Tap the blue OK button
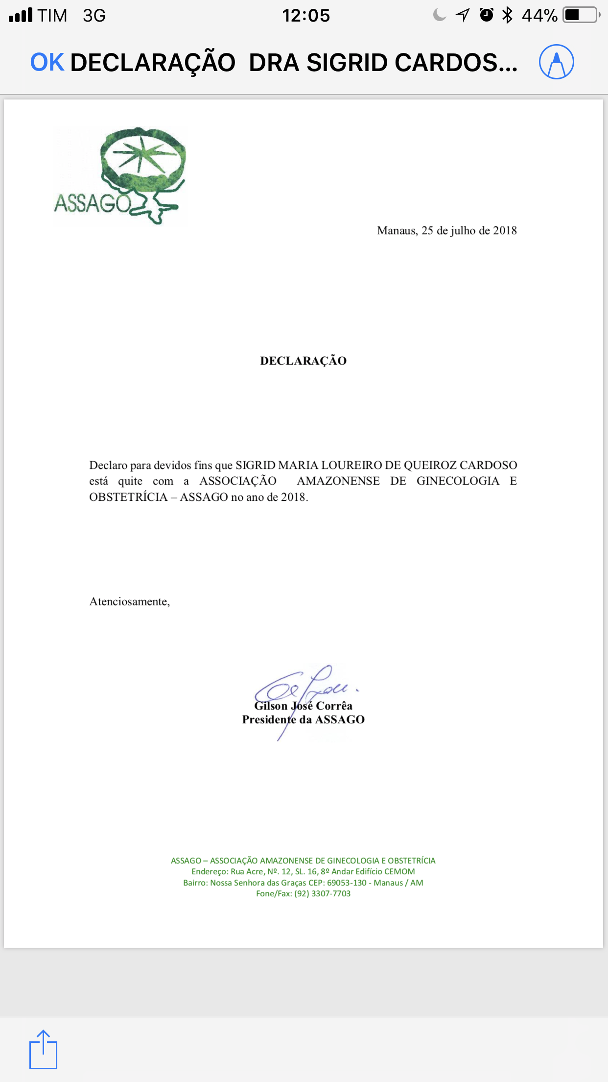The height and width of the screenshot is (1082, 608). pos(47,63)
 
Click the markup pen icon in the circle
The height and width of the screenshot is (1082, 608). pos(556,62)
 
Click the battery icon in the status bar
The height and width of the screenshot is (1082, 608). pos(581,16)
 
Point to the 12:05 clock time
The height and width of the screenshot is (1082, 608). pos(306,16)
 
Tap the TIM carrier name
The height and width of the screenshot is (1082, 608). pos(52,16)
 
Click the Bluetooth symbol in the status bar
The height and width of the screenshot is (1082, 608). pos(508,16)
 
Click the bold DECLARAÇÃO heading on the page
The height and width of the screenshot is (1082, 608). pos(303,361)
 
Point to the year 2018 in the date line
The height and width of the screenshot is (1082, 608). pos(505,230)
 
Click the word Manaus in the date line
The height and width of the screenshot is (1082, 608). pos(397,230)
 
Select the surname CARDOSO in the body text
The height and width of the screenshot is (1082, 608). pos(488,465)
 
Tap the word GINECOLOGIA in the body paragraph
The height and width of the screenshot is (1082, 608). pos(458,481)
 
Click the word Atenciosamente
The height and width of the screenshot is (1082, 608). pos(129,601)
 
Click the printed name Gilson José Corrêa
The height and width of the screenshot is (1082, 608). pos(303,706)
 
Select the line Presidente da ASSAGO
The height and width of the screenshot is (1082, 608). pos(303,719)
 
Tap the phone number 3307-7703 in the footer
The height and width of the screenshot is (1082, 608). pos(331,893)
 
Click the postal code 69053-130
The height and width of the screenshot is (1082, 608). pos(347,883)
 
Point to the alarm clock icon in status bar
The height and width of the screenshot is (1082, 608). pos(486,15)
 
